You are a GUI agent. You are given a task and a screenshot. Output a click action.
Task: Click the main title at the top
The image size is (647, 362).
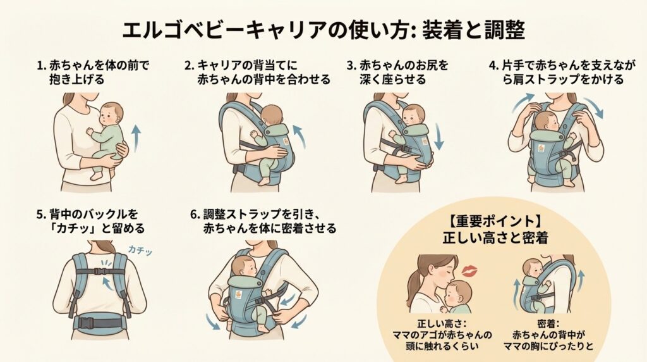(x=323, y=30)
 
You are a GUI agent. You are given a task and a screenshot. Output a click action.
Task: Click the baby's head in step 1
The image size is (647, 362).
(x=111, y=115)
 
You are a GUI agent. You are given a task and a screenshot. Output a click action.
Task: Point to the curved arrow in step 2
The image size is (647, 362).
(x=300, y=137)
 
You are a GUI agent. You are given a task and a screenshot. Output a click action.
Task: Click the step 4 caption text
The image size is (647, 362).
(x=562, y=72)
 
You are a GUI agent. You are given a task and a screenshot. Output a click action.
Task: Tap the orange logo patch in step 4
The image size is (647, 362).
(x=541, y=148)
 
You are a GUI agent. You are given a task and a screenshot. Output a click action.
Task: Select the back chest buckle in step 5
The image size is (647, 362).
(x=99, y=271)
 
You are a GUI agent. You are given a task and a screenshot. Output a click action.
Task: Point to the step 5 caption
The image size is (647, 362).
(x=91, y=221)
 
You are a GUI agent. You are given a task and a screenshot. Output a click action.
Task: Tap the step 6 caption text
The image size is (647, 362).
(x=263, y=221)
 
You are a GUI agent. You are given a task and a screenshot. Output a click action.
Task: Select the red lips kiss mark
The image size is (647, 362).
(x=469, y=271)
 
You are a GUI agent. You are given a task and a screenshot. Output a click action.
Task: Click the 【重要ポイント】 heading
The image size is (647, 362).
(x=495, y=222)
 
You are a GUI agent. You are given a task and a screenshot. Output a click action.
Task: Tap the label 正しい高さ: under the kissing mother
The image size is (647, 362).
(x=442, y=323)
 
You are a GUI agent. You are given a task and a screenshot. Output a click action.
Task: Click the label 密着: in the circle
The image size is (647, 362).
(x=548, y=323)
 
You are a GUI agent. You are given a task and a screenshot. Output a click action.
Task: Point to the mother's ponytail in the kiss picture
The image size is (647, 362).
(x=414, y=285)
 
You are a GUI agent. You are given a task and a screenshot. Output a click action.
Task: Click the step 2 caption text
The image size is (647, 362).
(x=258, y=72)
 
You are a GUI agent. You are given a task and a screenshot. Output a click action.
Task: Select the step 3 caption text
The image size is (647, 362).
(x=397, y=72)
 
